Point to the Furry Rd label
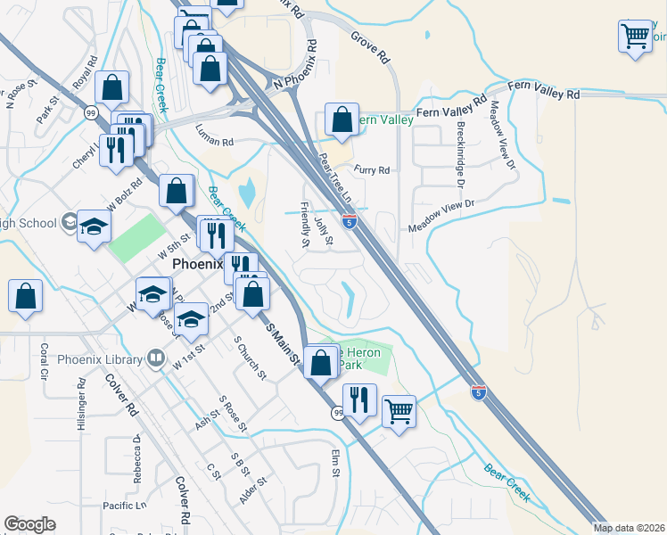[372, 169]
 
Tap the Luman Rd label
[215, 142]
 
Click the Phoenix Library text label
[100, 359]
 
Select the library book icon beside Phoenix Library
[157, 358]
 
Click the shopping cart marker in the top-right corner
[635, 37]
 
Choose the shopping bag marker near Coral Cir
[26, 297]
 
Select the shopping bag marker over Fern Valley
[342, 119]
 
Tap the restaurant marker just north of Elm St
[358, 399]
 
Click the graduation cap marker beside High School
[93, 227]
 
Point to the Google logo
[29, 524]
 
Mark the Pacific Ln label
[125, 506]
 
